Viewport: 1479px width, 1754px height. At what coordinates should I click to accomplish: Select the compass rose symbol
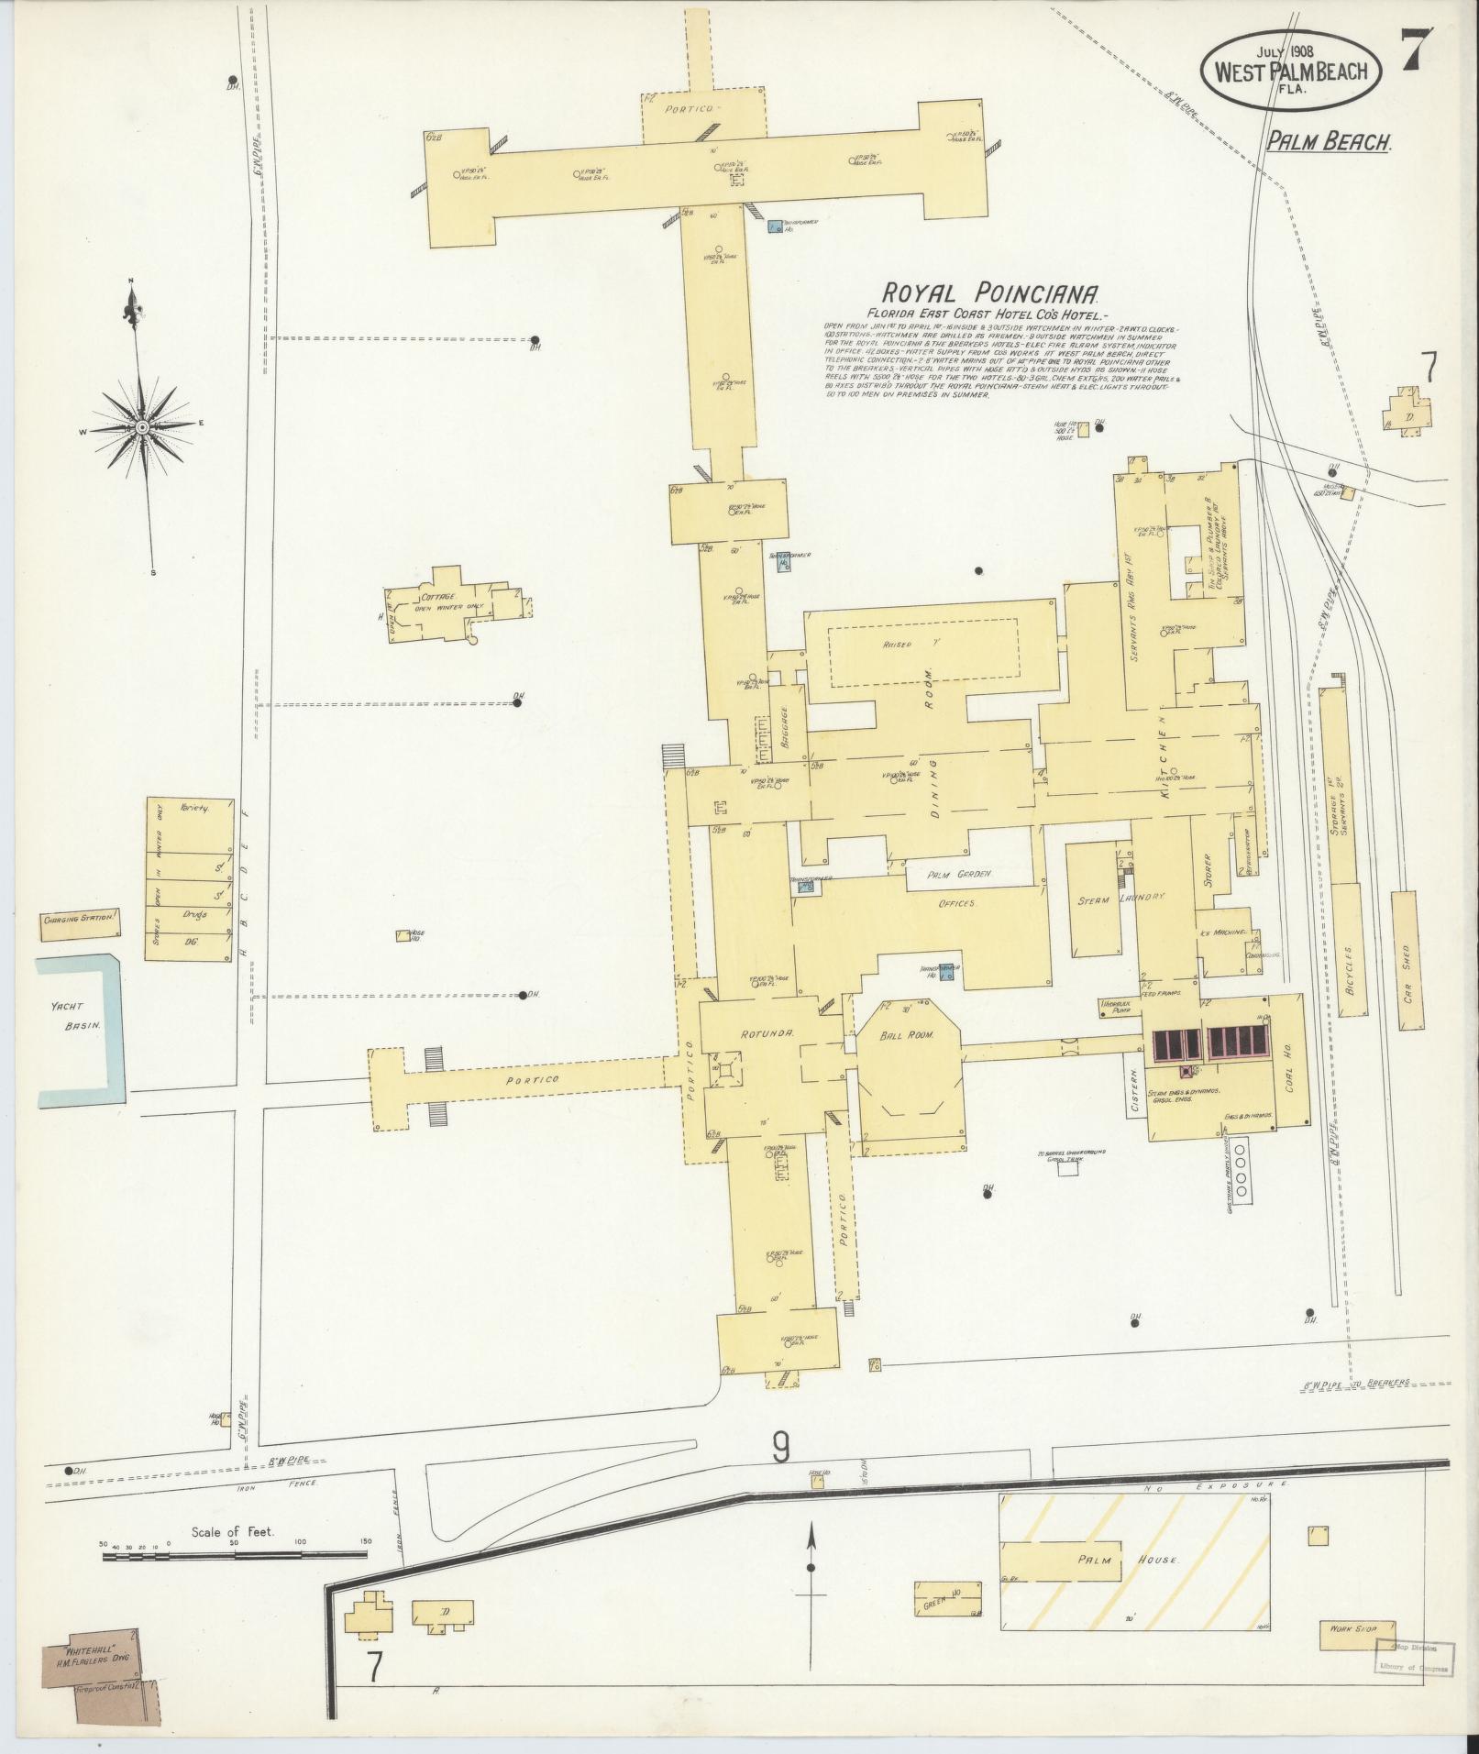pos(144,428)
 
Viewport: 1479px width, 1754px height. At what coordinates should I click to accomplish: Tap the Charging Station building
pos(81,925)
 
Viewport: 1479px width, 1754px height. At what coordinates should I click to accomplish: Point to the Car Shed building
pos(1407,960)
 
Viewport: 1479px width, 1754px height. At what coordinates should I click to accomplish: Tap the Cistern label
pos(1135,1091)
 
